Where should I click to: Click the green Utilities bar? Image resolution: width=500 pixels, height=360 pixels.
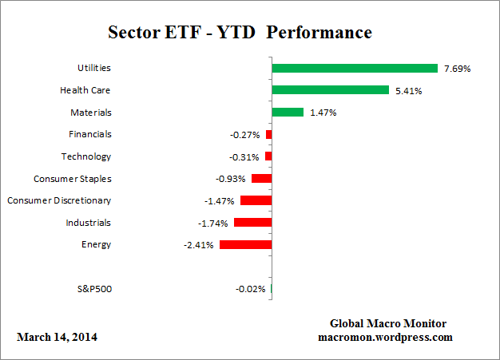(x=355, y=69)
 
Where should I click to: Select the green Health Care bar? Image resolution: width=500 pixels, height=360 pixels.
(x=330, y=90)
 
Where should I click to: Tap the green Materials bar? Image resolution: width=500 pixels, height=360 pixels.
(x=288, y=113)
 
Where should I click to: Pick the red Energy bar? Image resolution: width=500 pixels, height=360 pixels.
(x=246, y=244)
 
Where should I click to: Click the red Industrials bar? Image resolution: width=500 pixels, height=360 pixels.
(x=253, y=223)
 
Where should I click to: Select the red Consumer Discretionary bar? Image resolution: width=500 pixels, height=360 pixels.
(x=256, y=200)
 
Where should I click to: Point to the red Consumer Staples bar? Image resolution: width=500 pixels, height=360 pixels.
(x=261, y=179)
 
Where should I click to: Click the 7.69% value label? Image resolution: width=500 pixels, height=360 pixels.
(x=457, y=69)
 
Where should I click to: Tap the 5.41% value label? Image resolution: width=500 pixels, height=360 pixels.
(x=408, y=90)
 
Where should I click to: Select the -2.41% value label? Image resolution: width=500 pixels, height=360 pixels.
(x=199, y=245)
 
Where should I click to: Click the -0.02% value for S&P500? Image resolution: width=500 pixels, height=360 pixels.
(x=251, y=289)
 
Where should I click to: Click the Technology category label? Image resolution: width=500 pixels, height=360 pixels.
(x=86, y=156)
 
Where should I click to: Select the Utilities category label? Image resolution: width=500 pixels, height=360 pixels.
(x=93, y=69)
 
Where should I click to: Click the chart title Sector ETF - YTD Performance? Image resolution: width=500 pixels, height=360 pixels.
(x=239, y=33)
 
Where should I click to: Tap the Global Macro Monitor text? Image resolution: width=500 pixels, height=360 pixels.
(x=388, y=323)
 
